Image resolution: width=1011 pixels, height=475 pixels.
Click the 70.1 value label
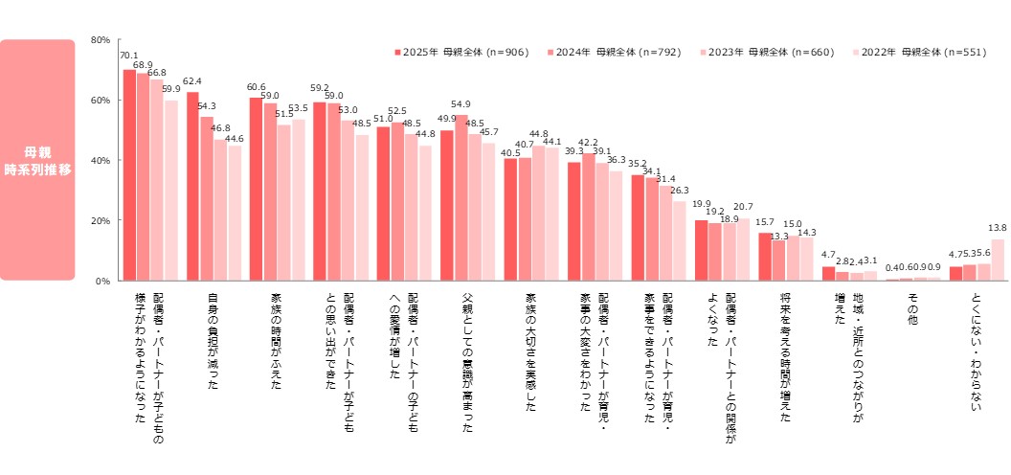pos(129,56)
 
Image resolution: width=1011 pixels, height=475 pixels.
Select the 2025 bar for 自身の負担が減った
pos(192,187)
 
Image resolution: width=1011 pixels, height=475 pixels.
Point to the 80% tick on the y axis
pos(100,40)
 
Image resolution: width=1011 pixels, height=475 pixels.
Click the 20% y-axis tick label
pos(100,221)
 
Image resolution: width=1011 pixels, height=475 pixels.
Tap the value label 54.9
pos(461,104)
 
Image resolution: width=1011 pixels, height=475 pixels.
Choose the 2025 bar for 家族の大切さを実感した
pos(510,220)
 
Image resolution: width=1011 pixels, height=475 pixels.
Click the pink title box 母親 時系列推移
pos(51,160)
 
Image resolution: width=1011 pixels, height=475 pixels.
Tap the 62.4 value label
pos(192,81)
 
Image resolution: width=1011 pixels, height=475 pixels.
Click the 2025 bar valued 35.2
pos(638,228)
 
